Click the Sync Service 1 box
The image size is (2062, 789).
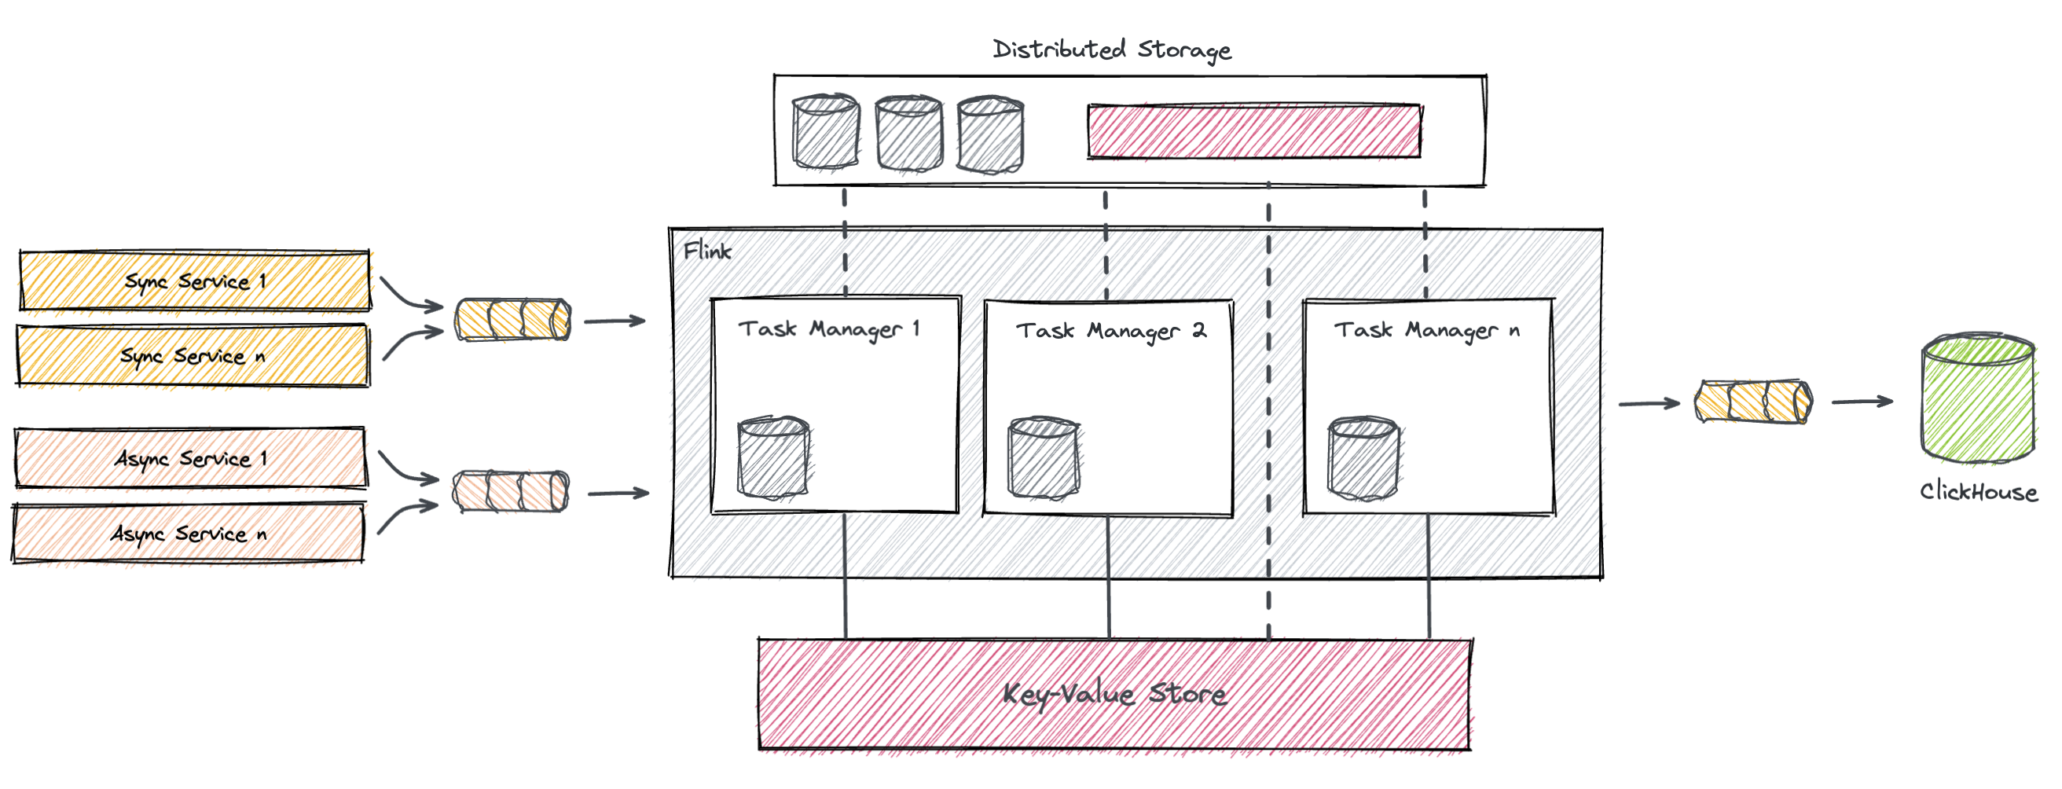point(195,281)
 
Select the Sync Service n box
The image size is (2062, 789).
point(193,355)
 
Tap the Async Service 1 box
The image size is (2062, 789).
point(190,457)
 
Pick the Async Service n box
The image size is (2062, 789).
point(188,533)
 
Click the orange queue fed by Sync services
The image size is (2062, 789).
point(512,319)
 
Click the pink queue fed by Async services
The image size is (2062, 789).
point(511,491)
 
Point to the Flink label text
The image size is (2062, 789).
point(706,251)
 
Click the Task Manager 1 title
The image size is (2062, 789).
point(829,329)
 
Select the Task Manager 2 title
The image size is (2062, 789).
point(1110,331)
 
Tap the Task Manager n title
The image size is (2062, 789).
point(1426,330)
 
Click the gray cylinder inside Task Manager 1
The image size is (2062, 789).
point(773,457)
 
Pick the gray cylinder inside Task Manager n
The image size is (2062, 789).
point(1363,458)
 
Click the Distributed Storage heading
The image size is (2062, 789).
point(1112,50)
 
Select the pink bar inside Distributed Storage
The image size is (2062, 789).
point(1253,130)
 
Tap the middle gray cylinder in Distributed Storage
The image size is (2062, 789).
point(908,134)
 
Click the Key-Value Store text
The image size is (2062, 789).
point(1114,694)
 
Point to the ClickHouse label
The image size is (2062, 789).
point(1978,491)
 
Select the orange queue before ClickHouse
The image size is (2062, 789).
point(1753,402)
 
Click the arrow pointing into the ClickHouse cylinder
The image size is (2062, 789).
point(1862,402)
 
